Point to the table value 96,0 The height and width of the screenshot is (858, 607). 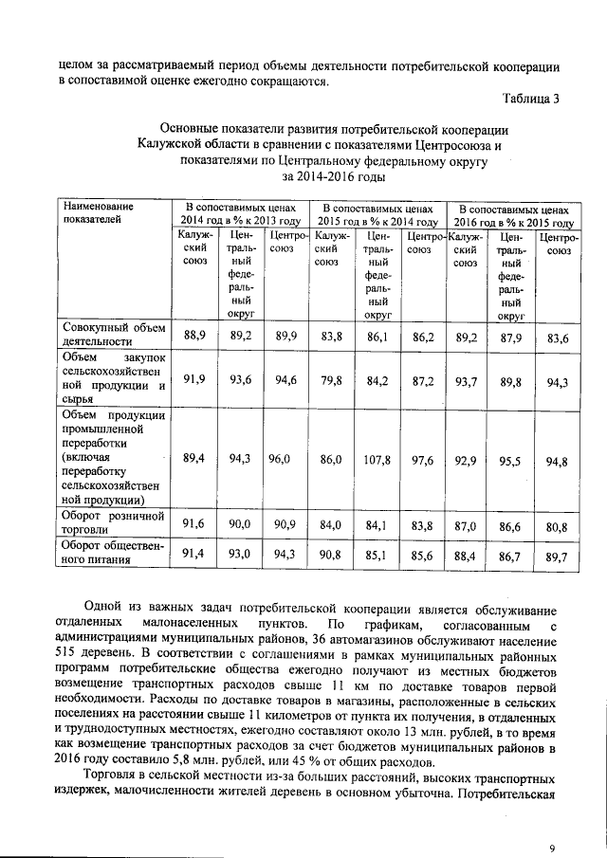pyautogui.click(x=277, y=459)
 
